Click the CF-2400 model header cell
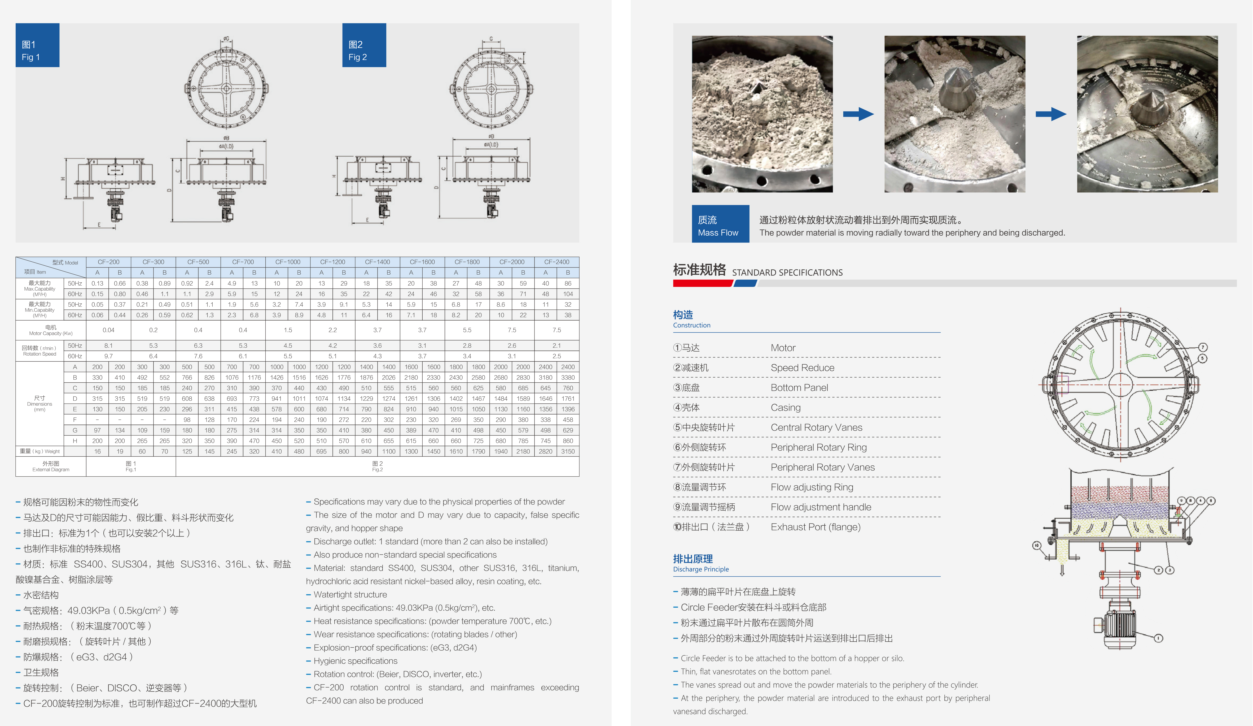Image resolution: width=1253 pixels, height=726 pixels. click(x=557, y=262)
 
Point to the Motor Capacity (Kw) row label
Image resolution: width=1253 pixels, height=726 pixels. click(x=51, y=330)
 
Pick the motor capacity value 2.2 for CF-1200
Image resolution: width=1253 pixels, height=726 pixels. click(x=333, y=330)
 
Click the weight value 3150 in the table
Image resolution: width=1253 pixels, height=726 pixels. click(x=568, y=451)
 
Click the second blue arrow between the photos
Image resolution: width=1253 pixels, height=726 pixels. click(x=1051, y=114)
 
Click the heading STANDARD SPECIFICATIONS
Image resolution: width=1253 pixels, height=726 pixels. click(x=787, y=273)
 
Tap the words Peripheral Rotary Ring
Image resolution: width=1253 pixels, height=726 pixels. click(x=818, y=447)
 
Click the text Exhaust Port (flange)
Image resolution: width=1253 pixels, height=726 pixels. click(x=816, y=527)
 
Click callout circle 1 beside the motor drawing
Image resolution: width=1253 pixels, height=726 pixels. click(x=1159, y=638)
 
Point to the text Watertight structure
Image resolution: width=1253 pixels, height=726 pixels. click(x=350, y=595)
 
